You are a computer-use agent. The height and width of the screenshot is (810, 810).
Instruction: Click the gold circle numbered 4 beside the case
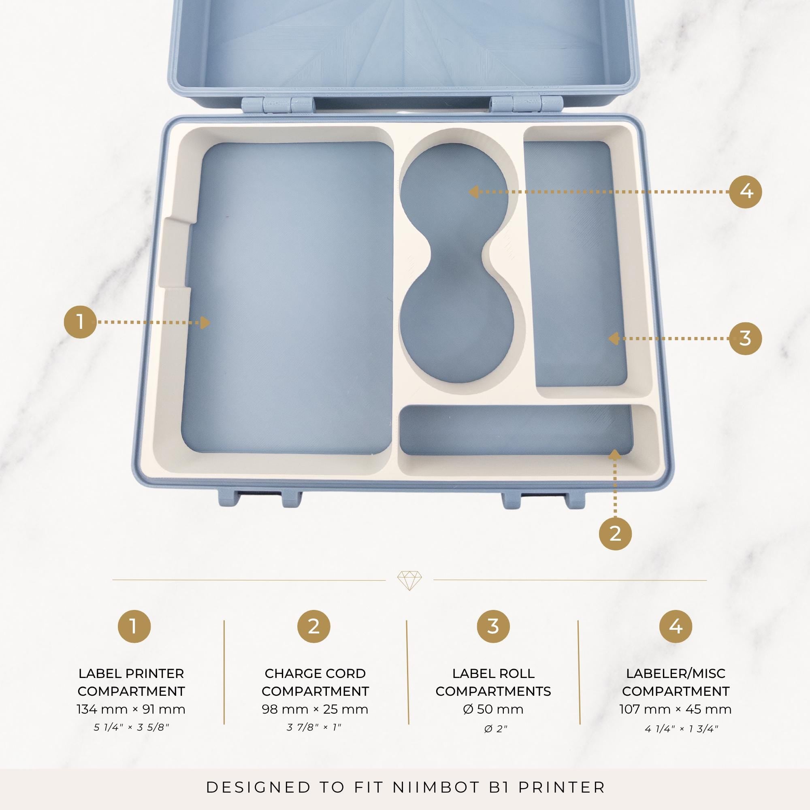[x=746, y=192]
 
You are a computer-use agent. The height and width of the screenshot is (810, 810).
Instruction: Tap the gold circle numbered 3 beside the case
[x=746, y=338]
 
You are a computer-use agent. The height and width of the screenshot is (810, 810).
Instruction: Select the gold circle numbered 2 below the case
[x=615, y=533]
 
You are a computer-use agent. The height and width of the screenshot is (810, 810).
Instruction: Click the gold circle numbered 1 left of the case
[x=80, y=322]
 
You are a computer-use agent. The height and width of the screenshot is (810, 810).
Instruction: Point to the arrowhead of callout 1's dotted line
[x=205, y=322]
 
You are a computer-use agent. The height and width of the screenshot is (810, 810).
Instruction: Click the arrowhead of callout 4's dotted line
[x=473, y=192]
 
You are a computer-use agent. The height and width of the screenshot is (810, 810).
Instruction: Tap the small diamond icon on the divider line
[x=409, y=581]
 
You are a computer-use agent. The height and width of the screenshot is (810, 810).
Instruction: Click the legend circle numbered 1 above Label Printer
[x=134, y=627]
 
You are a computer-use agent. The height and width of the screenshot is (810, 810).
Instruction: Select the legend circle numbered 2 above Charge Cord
[x=313, y=627]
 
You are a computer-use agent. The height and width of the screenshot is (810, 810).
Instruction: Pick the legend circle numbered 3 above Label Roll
[x=493, y=627]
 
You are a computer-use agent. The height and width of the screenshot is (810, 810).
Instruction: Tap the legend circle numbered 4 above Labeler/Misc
[x=676, y=627]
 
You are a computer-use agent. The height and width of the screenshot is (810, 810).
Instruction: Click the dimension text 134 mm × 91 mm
[x=131, y=710]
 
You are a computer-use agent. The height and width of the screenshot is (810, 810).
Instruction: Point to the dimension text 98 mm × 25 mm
[x=315, y=710]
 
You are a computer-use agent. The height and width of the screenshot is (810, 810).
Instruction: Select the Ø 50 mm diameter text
[x=493, y=710]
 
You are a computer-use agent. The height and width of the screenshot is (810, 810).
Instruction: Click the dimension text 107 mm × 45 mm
[x=676, y=710]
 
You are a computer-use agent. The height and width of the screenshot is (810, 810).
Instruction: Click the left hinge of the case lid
[x=278, y=104]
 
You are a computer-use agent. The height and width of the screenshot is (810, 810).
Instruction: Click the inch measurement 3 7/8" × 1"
[x=314, y=727]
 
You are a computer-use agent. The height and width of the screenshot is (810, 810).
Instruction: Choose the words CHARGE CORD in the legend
[x=315, y=674]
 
